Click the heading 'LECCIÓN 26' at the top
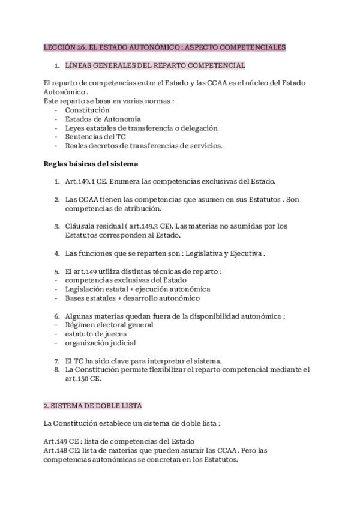[x=65, y=47]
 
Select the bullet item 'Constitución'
[x=87, y=110]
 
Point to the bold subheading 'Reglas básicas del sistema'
[x=91, y=163]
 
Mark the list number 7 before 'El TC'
[x=56, y=361]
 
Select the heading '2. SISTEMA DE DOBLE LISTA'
[x=93, y=406]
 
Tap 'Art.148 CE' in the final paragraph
[x=62, y=451]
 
